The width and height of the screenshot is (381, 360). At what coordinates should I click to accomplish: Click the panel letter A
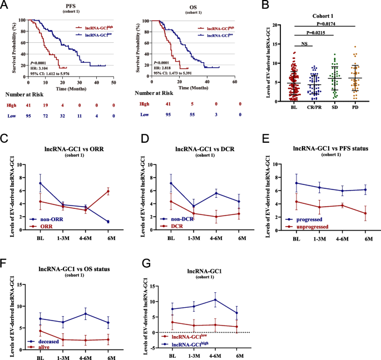point(5,6)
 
